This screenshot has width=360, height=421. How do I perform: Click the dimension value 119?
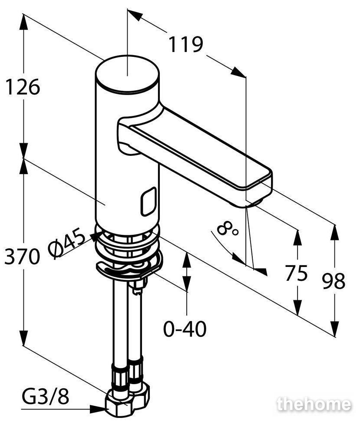click(185, 44)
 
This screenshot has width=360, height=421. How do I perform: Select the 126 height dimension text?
click(23, 87)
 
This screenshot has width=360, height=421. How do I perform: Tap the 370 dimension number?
click(22, 257)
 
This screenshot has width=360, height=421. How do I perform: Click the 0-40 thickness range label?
click(185, 329)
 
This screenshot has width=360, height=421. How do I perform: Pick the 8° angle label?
click(227, 228)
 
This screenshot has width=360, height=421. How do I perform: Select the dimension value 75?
click(296, 273)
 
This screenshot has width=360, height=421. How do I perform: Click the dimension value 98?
click(334, 281)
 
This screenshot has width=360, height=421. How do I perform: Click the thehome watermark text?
click(314, 405)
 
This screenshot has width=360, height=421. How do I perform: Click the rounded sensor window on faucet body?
click(148, 201)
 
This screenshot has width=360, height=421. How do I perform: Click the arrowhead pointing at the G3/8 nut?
click(99, 409)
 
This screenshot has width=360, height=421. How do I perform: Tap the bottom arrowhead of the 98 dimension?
click(334, 328)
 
